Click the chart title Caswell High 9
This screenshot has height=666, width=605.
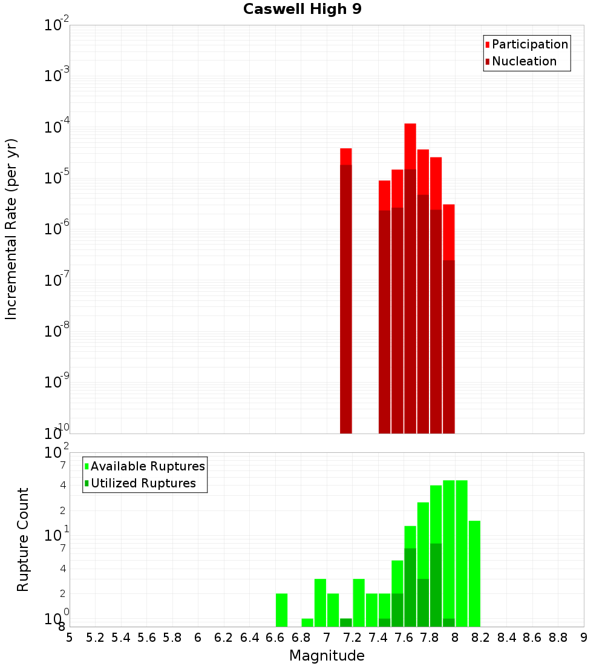(302, 10)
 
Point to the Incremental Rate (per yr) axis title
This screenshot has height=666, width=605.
(11, 229)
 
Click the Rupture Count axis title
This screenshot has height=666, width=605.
(23, 539)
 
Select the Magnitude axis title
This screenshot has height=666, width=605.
(327, 656)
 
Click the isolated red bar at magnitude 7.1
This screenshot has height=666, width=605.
(346, 291)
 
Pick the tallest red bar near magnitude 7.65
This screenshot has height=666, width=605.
(410, 279)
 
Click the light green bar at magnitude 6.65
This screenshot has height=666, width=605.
(281, 610)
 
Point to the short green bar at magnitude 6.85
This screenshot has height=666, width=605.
(307, 622)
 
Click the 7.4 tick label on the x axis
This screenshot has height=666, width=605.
(378, 637)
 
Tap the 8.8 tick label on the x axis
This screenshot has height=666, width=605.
(558, 637)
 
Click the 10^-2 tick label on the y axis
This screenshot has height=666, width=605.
(57, 25)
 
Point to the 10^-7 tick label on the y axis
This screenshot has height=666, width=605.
(57, 280)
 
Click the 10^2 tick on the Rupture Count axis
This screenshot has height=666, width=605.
(57, 453)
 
